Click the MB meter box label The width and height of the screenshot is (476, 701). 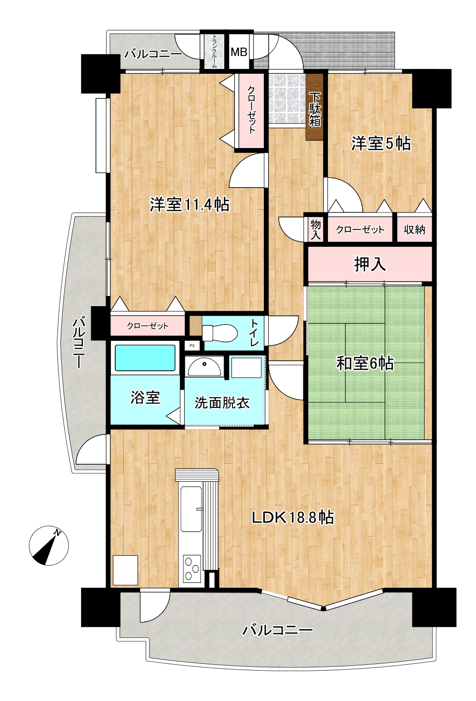tap(239, 52)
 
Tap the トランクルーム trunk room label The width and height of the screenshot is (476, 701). tap(215, 51)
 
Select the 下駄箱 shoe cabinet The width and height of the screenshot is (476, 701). tap(315, 107)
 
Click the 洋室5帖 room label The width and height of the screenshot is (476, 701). tap(381, 144)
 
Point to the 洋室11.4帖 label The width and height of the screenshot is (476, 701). tap(190, 205)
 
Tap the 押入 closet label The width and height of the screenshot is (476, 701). tap(370, 264)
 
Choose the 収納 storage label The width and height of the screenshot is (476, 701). tap(414, 230)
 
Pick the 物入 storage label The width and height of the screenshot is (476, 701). tap(316, 229)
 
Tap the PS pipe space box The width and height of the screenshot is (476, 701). tap(192, 346)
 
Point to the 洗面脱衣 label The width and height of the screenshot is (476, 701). tap(222, 403)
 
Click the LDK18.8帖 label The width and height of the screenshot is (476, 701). tap(293, 518)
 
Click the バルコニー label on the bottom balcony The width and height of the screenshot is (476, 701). tap(278, 630)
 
